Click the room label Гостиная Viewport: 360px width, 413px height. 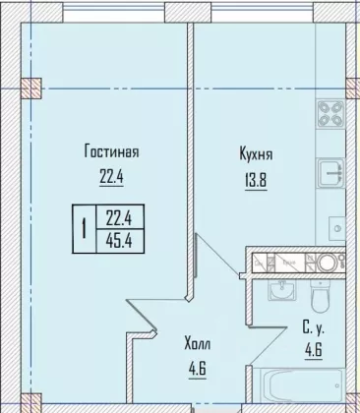point(112,151)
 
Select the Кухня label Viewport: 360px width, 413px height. point(256,154)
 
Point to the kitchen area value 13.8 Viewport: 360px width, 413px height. point(256,180)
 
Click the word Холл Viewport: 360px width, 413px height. point(198,344)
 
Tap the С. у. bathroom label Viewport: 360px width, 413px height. point(313,328)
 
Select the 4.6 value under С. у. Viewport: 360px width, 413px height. point(314,351)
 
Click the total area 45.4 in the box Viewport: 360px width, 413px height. point(119,242)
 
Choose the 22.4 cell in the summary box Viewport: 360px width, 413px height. point(119,217)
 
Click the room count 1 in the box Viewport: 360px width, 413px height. point(85,229)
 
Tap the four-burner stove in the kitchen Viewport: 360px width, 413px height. point(330,114)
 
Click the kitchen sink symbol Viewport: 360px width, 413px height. point(330,172)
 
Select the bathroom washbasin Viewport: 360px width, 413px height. point(281,290)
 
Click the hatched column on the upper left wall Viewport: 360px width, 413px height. point(31,88)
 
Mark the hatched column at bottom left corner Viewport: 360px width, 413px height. point(31,403)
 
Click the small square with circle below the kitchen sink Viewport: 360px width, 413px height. point(336,227)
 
